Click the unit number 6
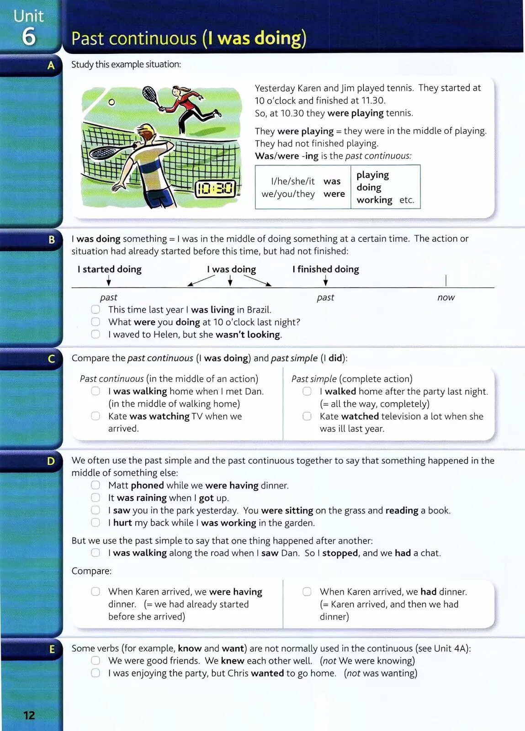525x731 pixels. [x=28, y=37]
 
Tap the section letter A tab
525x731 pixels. [x=51, y=65]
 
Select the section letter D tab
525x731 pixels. [x=51, y=461]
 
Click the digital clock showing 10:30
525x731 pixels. [x=215, y=188]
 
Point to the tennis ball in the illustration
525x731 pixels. [x=111, y=102]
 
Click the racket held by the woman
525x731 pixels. [x=150, y=95]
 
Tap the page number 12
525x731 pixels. [x=29, y=715]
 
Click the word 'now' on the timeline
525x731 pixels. [x=446, y=297]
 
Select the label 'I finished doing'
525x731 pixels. [x=326, y=269]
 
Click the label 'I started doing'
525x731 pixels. [x=110, y=269]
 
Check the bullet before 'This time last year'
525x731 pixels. [x=95, y=309]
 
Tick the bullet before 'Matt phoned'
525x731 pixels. [x=95, y=485]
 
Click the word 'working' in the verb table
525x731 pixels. [x=374, y=200]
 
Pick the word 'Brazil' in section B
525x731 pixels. [x=258, y=309]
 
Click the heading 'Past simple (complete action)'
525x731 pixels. [x=352, y=379]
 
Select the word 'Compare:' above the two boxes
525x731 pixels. [x=91, y=571]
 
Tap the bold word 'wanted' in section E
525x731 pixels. [x=267, y=673]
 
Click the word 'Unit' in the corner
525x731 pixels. [x=28, y=16]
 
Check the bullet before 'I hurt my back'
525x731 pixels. [x=95, y=523]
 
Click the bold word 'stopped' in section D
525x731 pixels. [x=340, y=553]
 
